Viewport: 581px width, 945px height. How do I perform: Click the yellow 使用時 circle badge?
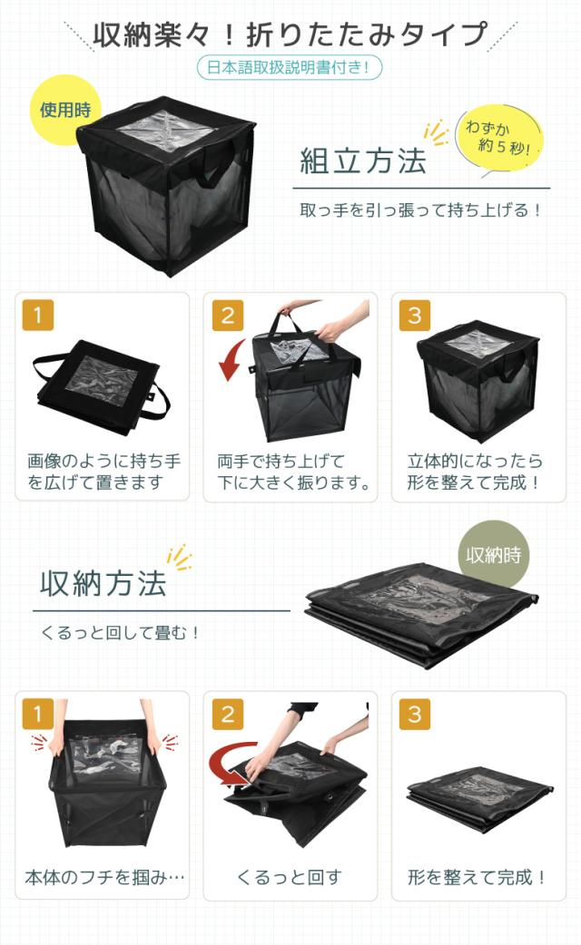(x=65, y=110)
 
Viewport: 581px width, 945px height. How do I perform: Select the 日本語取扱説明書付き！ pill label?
(x=290, y=67)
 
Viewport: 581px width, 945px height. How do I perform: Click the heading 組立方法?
(x=363, y=162)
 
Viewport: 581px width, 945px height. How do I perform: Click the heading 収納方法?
(x=103, y=583)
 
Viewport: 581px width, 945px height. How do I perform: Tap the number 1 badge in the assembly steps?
(x=38, y=315)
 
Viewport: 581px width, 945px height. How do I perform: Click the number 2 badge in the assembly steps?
(x=227, y=315)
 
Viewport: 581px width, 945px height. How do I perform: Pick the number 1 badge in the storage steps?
(x=38, y=714)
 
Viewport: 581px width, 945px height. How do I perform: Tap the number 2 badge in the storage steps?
(x=227, y=714)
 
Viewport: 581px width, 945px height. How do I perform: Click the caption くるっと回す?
(x=290, y=877)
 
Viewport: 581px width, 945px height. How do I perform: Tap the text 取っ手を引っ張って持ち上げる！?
(x=421, y=209)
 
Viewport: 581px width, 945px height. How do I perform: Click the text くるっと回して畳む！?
(x=120, y=632)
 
